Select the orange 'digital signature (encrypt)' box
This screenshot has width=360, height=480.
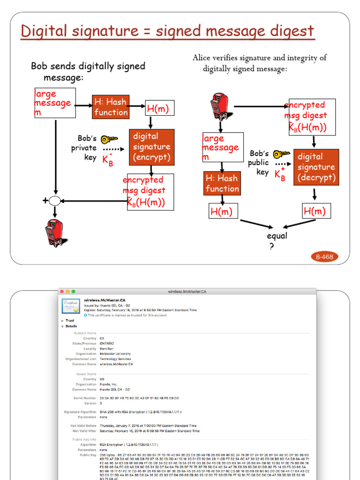coord(151,147)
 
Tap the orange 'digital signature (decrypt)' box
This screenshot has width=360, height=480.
coord(316,167)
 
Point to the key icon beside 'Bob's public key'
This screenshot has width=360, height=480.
coord(282,154)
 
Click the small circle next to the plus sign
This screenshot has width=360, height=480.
coord(55,201)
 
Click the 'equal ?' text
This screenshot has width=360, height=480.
coord(277,240)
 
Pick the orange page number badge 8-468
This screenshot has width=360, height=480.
coord(324,256)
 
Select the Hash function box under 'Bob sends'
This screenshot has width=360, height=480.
coord(111,107)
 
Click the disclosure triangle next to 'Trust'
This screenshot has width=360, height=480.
coord(61,321)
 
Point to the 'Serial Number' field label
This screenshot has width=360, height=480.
coord(84,398)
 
